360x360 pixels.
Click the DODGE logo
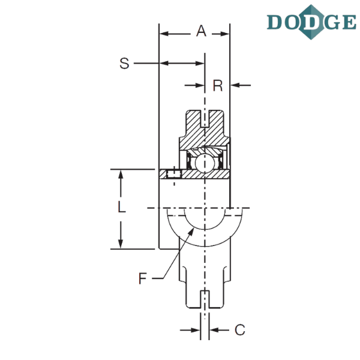coord(311,22)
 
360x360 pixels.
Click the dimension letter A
coord(201,31)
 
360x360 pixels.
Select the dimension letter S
coord(124,64)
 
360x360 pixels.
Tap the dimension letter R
coord(218,86)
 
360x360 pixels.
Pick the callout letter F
coord(143,278)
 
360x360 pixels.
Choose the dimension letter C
coord(240,330)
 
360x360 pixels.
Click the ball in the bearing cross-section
coord(205,163)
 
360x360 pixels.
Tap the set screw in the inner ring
coord(174,173)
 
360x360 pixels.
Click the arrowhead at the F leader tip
coord(191,232)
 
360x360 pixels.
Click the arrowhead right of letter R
coord(235,85)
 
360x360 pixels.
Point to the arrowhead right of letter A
coord(224,34)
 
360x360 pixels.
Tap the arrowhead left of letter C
coord(195,331)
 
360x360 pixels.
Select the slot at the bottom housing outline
coord(205,299)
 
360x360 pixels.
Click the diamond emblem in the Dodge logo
coord(311,22)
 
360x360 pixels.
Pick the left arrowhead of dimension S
coord(164,63)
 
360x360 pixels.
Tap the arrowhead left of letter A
coord(164,34)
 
